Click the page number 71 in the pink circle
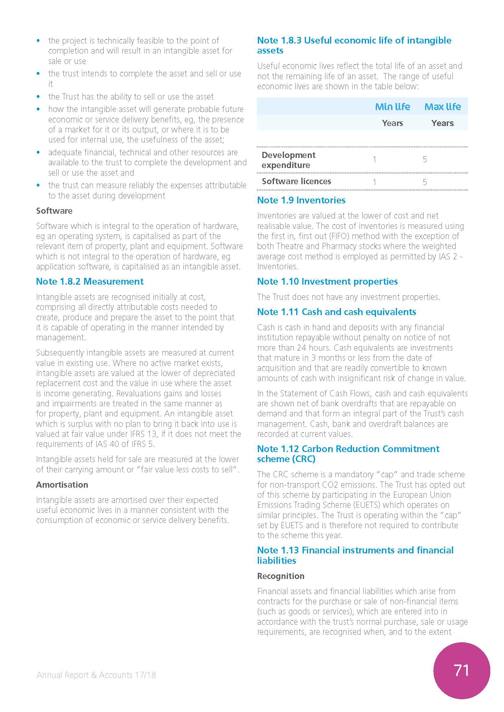coord(461,670)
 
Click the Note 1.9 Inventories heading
coord(301,200)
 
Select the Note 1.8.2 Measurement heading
coord(90,282)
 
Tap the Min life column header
coord(392,107)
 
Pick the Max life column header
coord(442,107)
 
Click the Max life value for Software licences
coord(425,182)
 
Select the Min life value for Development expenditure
coord(374,160)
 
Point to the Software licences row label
coord(296,181)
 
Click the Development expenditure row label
coord(288,160)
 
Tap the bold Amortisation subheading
coord(62,485)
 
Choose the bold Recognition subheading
coord(281,576)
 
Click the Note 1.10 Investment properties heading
coord(327,282)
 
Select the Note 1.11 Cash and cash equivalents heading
coord(336,312)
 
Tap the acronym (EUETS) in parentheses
coord(367,505)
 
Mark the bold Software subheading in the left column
coord(54,211)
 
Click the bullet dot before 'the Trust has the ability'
coord(38,97)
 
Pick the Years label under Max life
coord(442,123)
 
